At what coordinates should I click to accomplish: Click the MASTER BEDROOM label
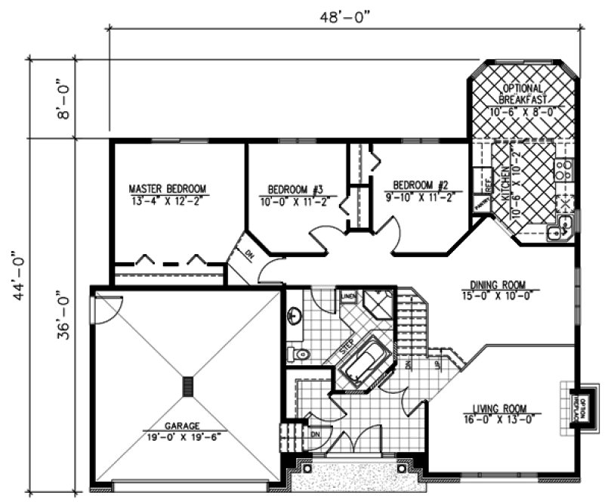point(167,189)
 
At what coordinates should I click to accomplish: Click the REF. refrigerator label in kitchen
point(478,181)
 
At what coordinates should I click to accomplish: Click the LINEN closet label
point(348,296)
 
